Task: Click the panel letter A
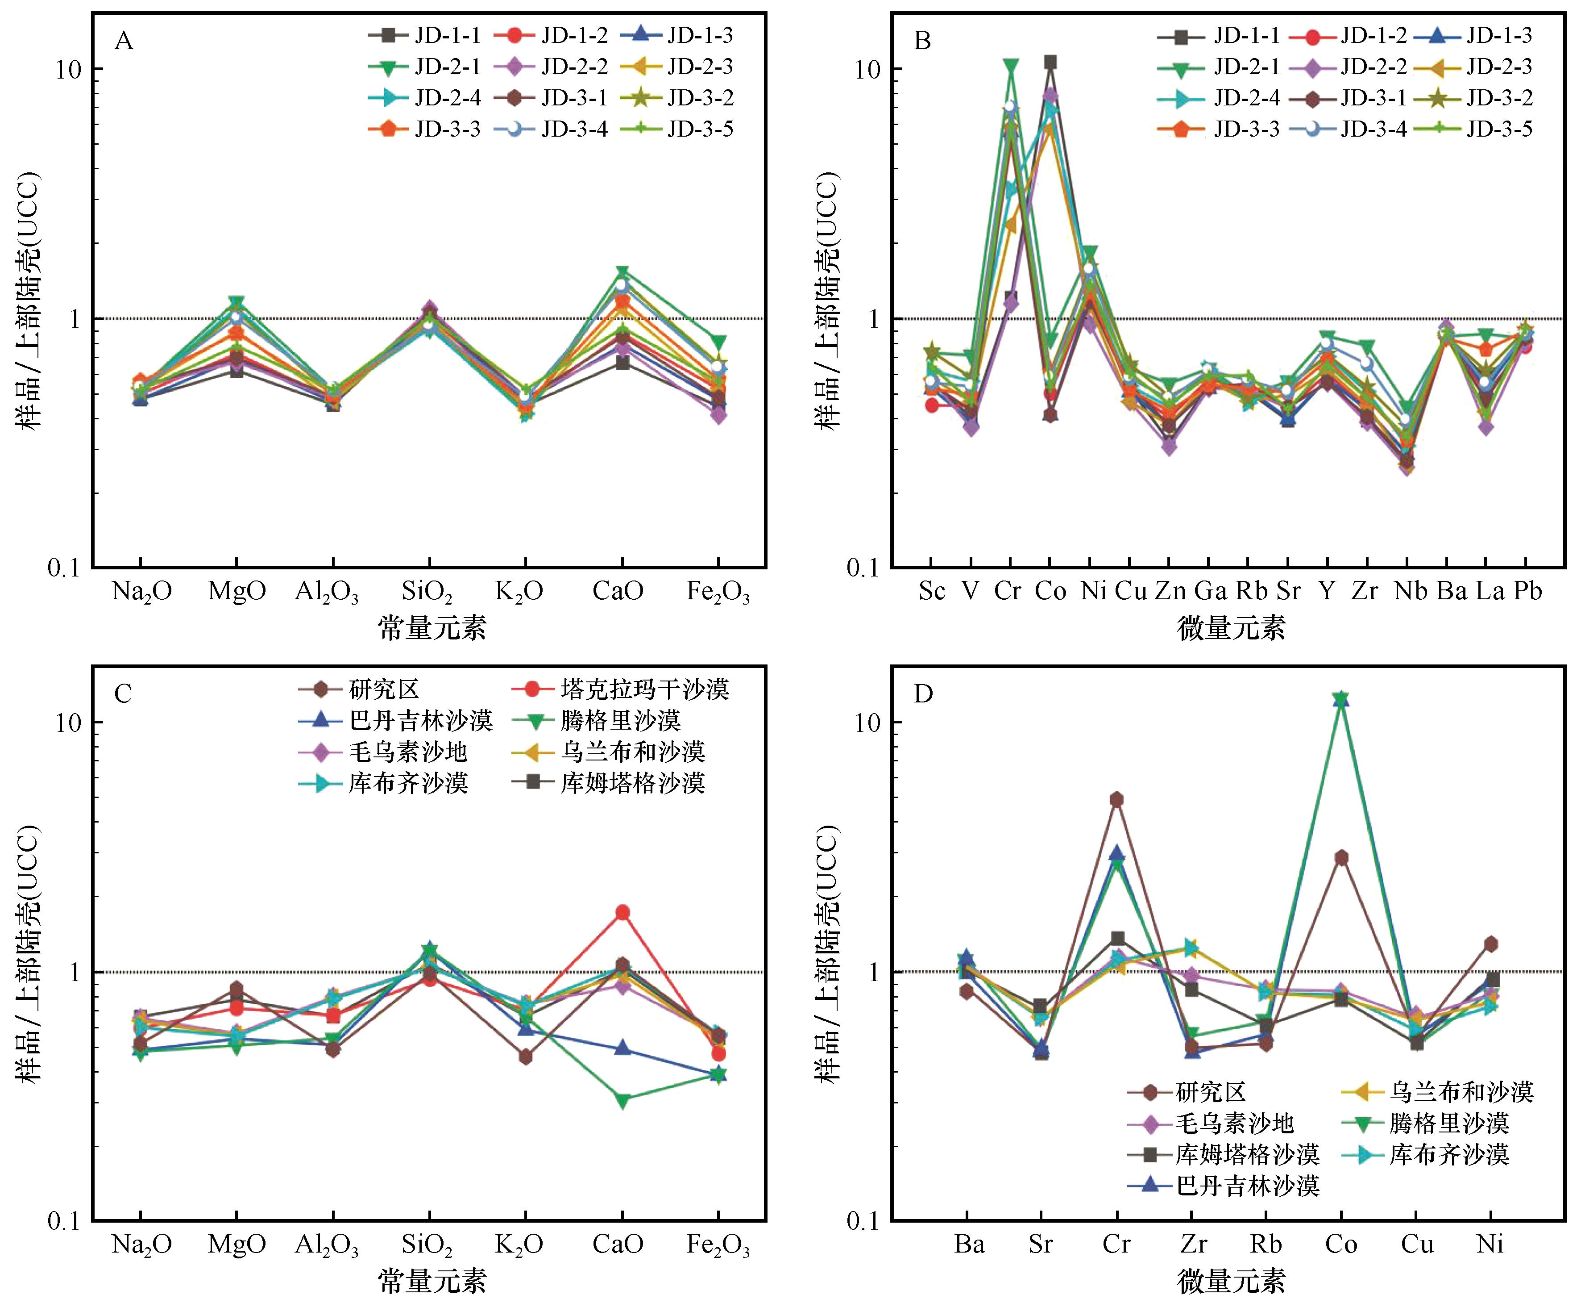point(124,41)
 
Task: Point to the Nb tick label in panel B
point(1411,591)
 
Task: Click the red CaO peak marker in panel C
point(622,912)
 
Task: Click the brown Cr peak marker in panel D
point(1116,799)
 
